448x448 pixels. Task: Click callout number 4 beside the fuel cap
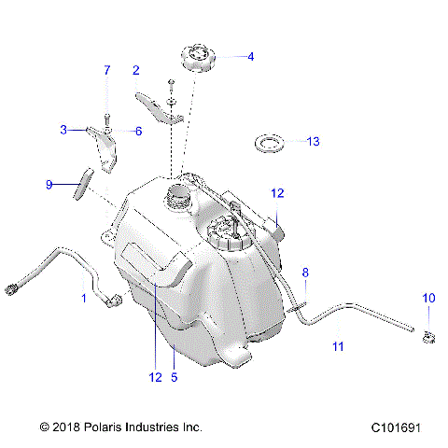(249, 56)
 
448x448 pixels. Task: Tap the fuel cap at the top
(198, 58)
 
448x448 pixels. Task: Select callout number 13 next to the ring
(313, 142)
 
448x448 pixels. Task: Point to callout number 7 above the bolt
(106, 71)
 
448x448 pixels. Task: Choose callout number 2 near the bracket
(136, 71)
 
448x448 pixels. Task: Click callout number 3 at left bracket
(64, 130)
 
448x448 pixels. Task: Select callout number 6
(138, 131)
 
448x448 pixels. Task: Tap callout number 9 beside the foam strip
(50, 184)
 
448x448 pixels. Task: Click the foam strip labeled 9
(81, 183)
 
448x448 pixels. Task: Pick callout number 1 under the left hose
(83, 299)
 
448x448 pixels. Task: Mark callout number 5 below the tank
(175, 378)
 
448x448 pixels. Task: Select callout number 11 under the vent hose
(339, 346)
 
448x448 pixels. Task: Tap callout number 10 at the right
(428, 298)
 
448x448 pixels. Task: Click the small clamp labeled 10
(428, 335)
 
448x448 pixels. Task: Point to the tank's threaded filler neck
(177, 199)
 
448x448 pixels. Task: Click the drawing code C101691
(395, 427)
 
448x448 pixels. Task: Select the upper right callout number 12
(277, 193)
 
